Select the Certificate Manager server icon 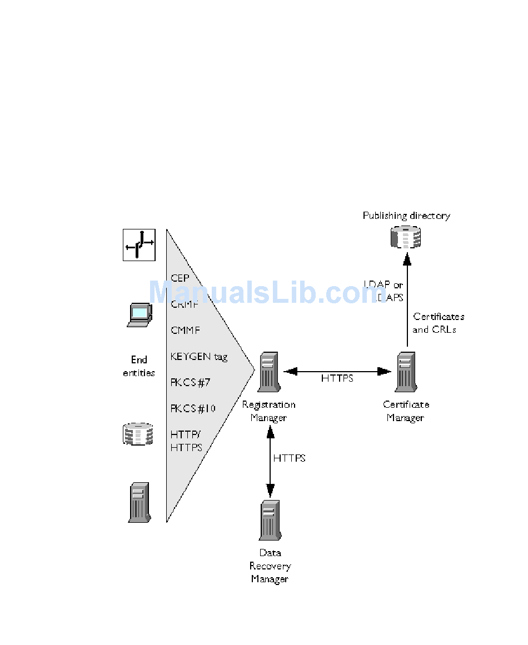(x=406, y=372)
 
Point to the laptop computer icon (x=139, y=314)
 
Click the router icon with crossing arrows (x=139, y=244)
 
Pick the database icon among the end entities (x=137, y=433)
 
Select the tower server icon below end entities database (x=139, y=502)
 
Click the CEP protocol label (x=180, y=278)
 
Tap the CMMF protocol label (x=185, y=331)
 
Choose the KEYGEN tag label (x=199, y=357)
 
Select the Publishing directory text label (x=406, y=216)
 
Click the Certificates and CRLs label (x=439, y=323)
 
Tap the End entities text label (x=139, y=366)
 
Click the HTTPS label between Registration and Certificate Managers (x=337, y=379)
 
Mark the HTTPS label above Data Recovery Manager (x=289, y=458)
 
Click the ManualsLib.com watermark (x=267, y=292)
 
